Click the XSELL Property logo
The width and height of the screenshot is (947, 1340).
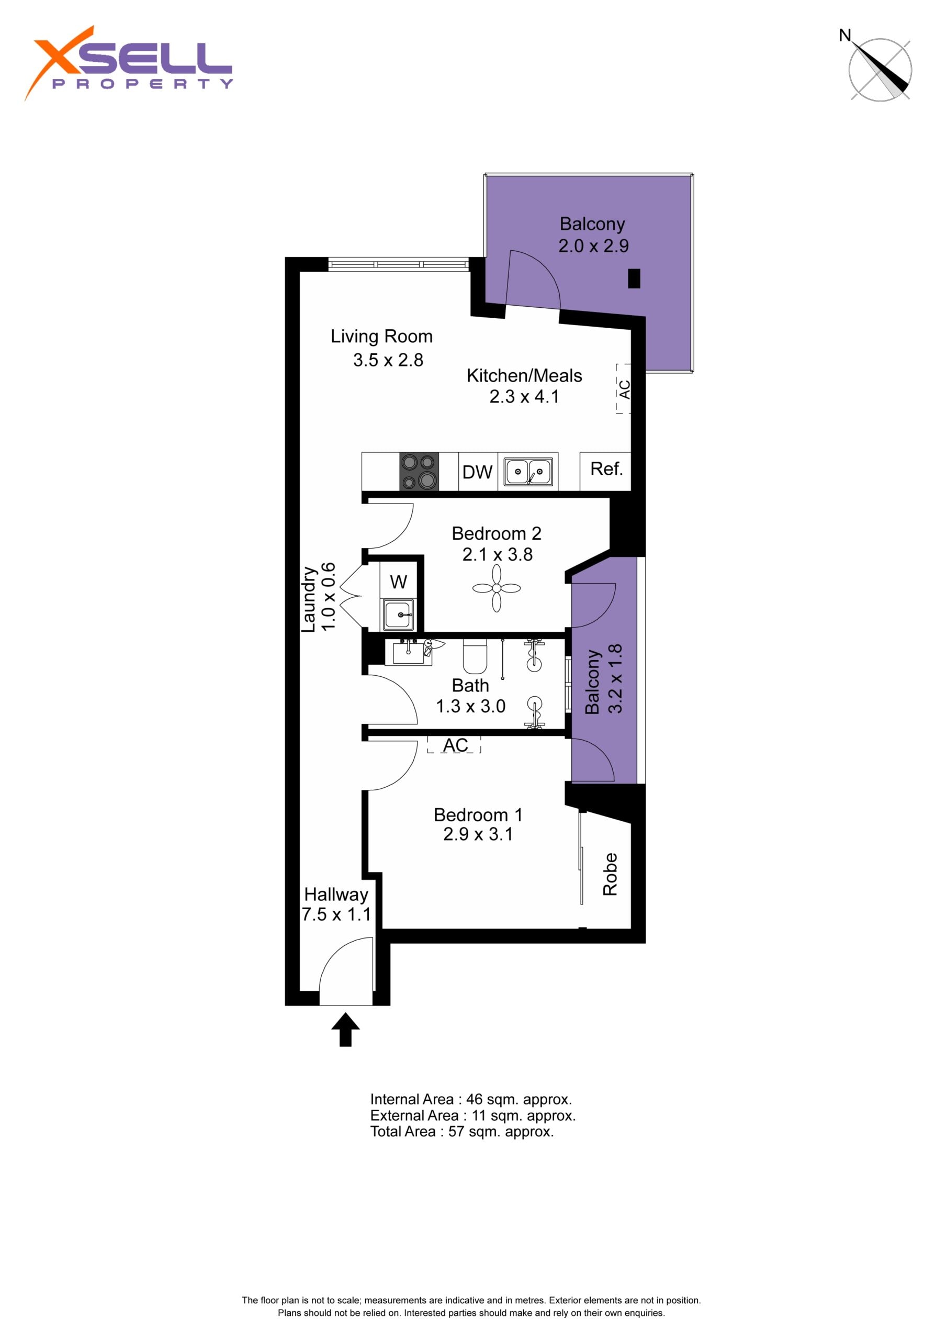click(x=128, y=63)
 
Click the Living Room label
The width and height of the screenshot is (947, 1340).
click(x=381, y=336)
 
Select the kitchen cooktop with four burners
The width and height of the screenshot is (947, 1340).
click(x=419, y=472)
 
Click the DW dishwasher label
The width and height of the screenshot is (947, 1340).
click(x=477, y=472)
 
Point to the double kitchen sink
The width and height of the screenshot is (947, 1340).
click(x=528, y=472)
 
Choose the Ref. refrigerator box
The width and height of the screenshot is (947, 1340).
click(x=606, y=471)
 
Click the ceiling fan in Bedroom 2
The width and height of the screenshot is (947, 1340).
click(x=497, y=588)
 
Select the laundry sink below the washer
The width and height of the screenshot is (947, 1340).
click(x=399, y=615)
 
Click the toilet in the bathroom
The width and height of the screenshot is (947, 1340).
click(x=475, y=656)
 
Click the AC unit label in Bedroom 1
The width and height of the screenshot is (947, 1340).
click(x=455, y=745)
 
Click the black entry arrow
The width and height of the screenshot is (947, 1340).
click(x=345, y=1030)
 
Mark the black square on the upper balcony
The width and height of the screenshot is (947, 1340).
click(x=634, y=278)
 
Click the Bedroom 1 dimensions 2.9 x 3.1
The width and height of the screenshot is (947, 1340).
click(x=478, y=834)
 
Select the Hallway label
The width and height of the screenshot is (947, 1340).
click(x=336, y=894)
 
